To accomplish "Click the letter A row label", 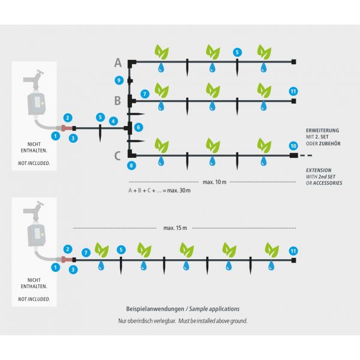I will [x=118, y=62].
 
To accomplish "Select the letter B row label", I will [x=118, y=100].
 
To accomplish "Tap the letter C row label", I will [x=118, y=156].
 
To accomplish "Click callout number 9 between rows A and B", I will [x=119, y=80].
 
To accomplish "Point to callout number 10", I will [x=293, y=146].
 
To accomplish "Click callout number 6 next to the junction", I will [x=139, y=127].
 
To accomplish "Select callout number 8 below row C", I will [x=131, y=165].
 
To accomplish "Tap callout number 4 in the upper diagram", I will [x=113, y=121].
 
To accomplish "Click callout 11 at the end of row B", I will [x=293, y=91].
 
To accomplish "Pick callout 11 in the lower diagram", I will [x=293, y=250].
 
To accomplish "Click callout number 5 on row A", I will [x=238, y=52].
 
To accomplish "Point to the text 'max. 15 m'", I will [x=175, y=228].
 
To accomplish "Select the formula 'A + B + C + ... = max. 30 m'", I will [x=159, y=191].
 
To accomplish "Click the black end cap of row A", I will [x=293, y=62].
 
